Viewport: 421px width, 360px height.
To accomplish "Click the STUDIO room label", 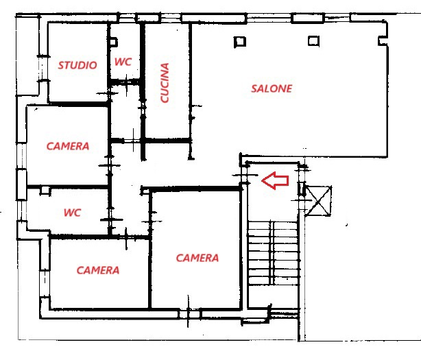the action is point(77,65).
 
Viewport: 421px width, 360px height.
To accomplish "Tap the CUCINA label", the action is point(165,83).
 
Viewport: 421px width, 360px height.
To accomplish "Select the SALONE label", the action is point(272,88).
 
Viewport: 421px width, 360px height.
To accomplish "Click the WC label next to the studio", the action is point(123,62).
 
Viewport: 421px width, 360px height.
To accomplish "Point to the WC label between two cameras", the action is point(72,213).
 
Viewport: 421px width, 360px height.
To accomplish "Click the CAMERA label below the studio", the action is point(68,146).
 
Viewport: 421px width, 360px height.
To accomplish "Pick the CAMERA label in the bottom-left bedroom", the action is point(98,270).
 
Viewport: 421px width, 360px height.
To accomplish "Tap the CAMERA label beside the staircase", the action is point(197,258).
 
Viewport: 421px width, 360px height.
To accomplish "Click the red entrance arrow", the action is point(275,180).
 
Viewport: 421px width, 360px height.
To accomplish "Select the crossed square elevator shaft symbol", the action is point(319,201).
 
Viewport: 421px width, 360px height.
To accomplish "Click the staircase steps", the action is point(273,253).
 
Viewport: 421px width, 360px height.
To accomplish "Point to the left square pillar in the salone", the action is point(240,42).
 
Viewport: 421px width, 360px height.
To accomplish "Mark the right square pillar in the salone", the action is point(313,41).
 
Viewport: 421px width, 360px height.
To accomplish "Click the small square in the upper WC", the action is point(114,42).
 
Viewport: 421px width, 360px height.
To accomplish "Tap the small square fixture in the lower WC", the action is point(45,191).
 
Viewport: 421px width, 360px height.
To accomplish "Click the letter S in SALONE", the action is point(254,88).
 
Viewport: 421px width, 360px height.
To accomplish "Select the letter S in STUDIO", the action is point(61,65).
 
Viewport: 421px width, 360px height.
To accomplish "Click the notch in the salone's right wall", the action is point(383,41).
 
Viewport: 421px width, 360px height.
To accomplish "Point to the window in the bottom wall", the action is point(190,314).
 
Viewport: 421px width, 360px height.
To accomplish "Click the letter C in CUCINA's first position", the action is point(165,99).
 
